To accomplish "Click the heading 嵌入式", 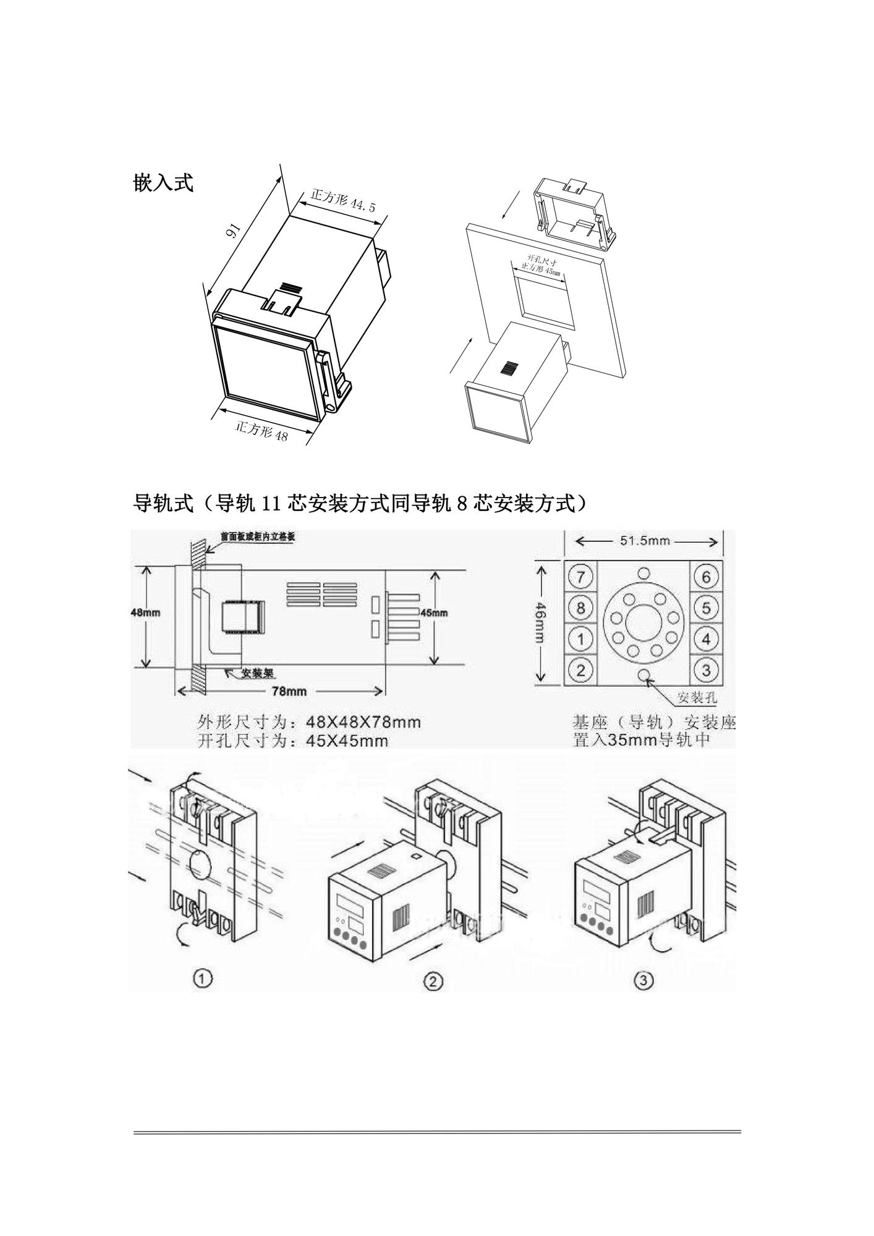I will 163,183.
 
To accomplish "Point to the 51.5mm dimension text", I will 645,541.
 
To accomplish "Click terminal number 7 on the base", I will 580,577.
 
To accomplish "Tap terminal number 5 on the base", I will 706,607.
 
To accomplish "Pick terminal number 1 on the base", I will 580,638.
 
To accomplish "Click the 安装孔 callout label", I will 697,698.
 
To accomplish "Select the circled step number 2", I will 434,981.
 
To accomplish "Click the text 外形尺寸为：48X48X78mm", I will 309,721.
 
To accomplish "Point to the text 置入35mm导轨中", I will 640,740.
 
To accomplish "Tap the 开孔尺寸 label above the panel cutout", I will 541,260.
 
